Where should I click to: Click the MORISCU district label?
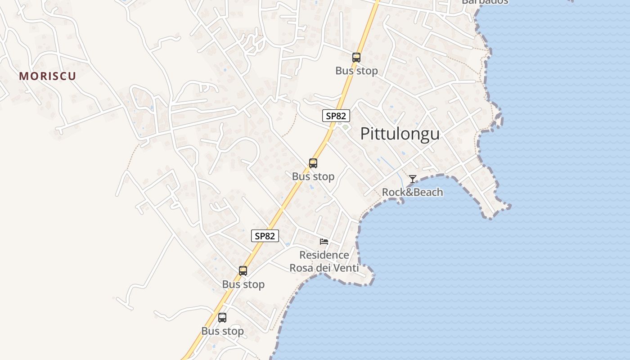[x=48, y=76]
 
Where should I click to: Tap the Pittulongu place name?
[x=400, y=134]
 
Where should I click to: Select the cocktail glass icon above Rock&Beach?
[x=413, y=179]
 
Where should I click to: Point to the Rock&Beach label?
[x=412, y=193]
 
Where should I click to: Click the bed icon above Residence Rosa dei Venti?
[x=324, y=242]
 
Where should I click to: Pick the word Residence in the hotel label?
[x=324, y=255]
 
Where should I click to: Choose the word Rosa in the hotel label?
[x=301, y=268]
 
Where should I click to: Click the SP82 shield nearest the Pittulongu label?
[x=336, y=116]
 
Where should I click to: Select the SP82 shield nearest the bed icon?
[x=265, y=236]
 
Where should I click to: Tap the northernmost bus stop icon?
[x=356, y=58]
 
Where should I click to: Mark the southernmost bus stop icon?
[x=222, y=318]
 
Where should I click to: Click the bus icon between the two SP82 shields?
[x=313, y=163]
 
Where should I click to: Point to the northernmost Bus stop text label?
[x=356, y=71]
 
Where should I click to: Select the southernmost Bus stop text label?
[x=222, y=331]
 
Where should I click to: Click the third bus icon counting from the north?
[x=243, y=271]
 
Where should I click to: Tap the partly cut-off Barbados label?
[x=485, y=1]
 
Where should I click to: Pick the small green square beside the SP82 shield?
[x=345, y=127]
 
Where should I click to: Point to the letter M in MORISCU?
[x=23, y=76]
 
